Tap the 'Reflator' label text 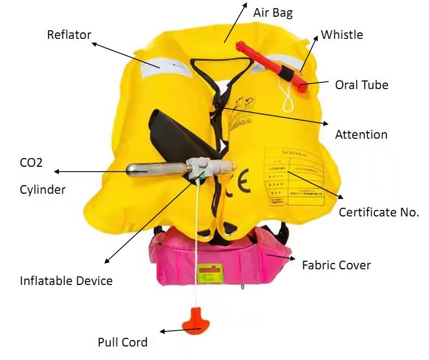point(69,35)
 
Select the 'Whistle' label point(342,35)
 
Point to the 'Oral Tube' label point(362,85)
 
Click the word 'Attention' point(361,134)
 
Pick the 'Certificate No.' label point(379,213)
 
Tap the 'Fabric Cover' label point(336,265)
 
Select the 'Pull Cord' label point(122,342)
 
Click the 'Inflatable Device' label point(66,281)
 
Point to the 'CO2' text point(31,162)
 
